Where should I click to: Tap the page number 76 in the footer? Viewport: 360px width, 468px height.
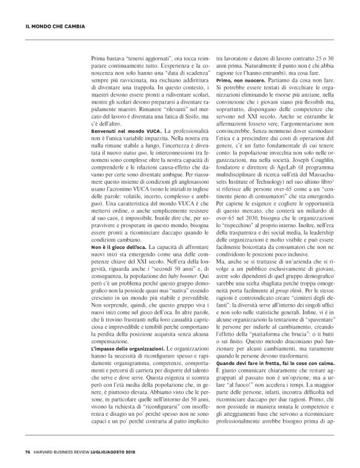[x=28, y=451]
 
